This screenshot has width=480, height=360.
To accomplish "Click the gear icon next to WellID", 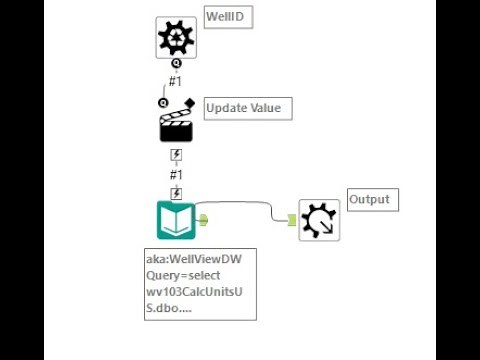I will pos(176,37).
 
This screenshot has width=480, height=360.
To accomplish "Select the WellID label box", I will pos(226,18).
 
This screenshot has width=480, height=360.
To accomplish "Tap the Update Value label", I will pos(248,107).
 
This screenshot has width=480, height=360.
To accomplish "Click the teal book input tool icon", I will pos(176,220).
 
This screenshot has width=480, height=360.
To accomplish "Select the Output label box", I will pos(371,199).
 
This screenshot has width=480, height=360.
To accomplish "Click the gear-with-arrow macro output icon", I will pos(319,220).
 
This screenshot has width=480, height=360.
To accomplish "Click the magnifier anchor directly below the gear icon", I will pos(176,63).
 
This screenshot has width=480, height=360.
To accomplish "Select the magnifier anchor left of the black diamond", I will pos(163,102).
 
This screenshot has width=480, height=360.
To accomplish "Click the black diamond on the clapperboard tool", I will pos(188,101).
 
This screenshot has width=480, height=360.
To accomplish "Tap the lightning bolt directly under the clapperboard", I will pos(176,155).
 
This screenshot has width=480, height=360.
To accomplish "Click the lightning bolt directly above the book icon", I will pos(176,192).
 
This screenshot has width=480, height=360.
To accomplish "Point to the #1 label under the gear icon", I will pos(176,80).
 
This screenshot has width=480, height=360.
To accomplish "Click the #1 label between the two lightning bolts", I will pos(176,173).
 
